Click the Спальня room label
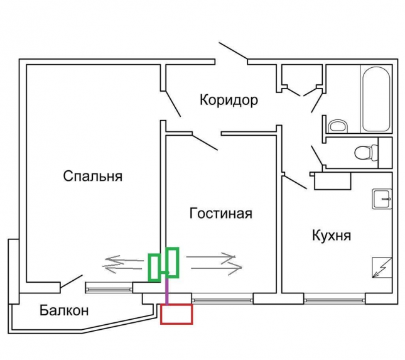point(93,177)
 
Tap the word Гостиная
point(221,214)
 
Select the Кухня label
point(332,236)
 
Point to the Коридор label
point(229,100)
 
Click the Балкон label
point(64,310)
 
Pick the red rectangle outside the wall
point(176,314)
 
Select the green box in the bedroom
point(154,267)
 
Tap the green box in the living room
point(172,263)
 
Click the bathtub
point(376,99)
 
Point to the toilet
point(366,153)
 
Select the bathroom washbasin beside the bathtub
point(338,126)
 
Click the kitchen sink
point(382,199)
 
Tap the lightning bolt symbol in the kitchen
point(382,268)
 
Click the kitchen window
point(335,300)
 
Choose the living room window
point(222,300)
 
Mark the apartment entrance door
point(233,51)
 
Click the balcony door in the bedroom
point(72,281)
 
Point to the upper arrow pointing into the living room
point(211,257)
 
